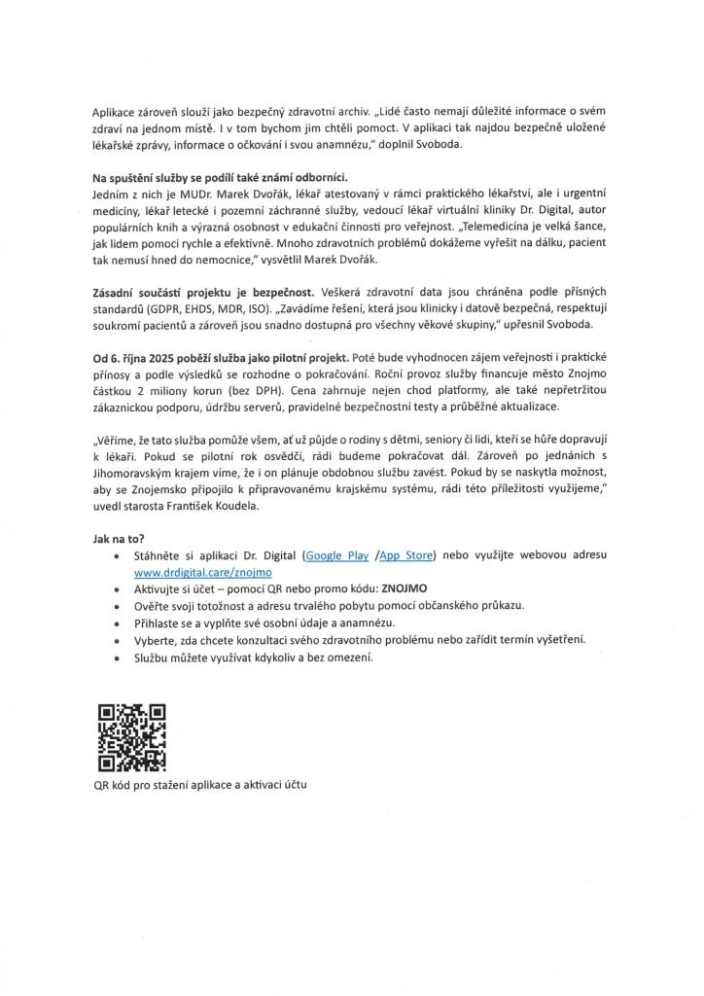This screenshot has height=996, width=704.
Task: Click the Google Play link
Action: pyautogui.click(x=336, y=554)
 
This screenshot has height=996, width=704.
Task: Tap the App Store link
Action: pyautogui.click(x=405, y=554)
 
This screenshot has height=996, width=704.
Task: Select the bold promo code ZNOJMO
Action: pyautogui.click(x=406, y=588)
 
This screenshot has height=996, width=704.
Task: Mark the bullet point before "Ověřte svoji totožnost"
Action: pyautogui.click(x=118, y=605)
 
